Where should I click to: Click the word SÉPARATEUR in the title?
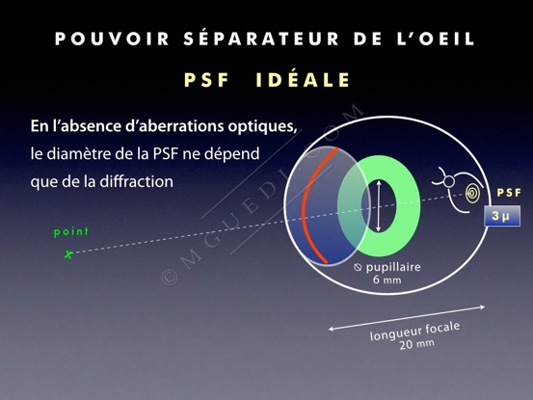click(261, 38)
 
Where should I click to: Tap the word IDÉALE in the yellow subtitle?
click(303, 80)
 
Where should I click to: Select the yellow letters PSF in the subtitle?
click(206, 81)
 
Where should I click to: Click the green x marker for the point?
click(68, 254)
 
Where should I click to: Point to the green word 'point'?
click(71, 231)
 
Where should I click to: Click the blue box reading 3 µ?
click(502, 216)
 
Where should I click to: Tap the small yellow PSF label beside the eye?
click(509, 193)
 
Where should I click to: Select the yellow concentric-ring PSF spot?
click(473, 194)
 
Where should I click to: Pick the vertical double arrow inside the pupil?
click(379, 206)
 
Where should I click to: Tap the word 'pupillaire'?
click(393, 267)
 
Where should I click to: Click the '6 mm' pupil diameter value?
click(387, 280)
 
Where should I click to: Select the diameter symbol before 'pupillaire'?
click(358, 267)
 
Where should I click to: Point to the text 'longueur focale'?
click(414, 331)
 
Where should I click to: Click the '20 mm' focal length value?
click(416, 344)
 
